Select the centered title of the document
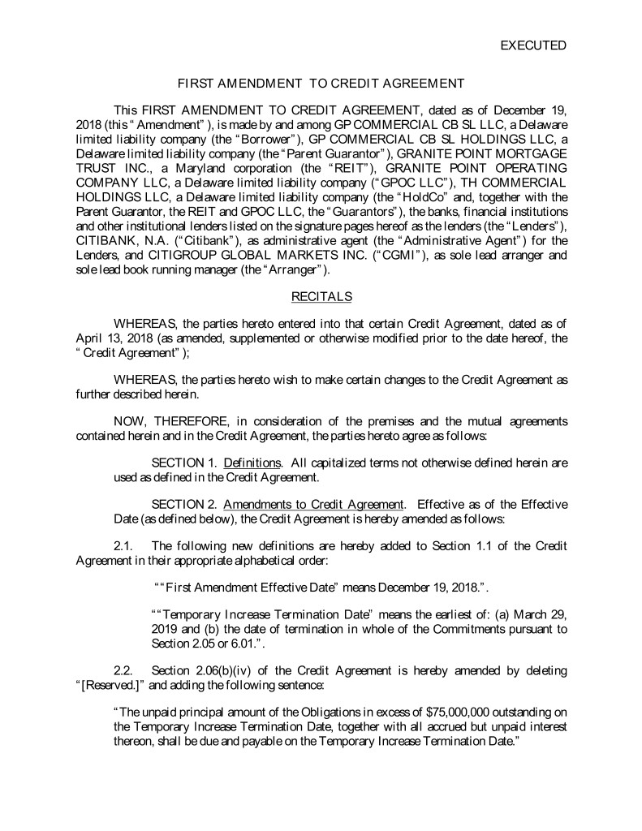pos(321,84)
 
